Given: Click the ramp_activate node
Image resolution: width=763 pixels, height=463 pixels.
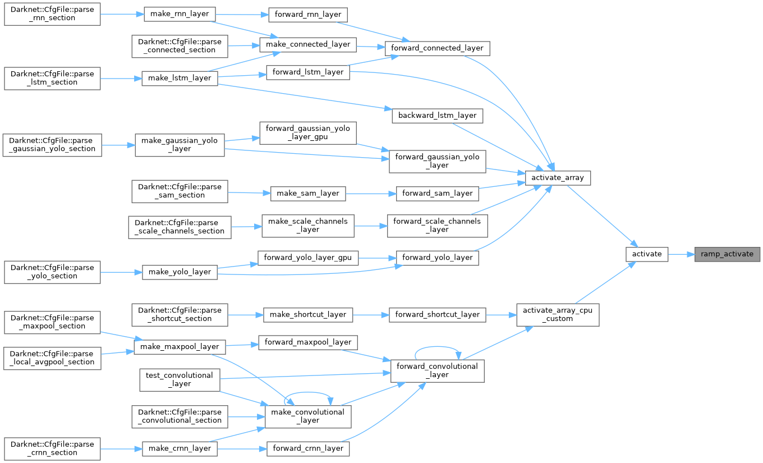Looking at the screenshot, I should tap(727, 254).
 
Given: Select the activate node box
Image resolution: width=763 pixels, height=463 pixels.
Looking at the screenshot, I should tap(647, 254).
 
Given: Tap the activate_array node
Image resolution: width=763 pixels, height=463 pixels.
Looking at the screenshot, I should tap(558, 177).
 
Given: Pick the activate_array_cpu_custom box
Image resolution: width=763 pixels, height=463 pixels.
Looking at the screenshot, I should tap(558, 314).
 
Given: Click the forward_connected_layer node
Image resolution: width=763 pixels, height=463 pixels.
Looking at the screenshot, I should tap(437, 48).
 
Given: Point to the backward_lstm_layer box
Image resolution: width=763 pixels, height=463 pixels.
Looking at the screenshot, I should tap(437, 115).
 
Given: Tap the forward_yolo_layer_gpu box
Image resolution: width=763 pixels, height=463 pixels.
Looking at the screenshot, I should tap(308, 258).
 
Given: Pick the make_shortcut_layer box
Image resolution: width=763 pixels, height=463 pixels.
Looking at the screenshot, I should tap(308, 314).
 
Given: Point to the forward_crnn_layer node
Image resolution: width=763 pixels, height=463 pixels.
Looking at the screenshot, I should tap(308, 448).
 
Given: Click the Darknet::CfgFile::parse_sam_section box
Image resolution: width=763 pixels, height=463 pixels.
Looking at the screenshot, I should tap(179, 191).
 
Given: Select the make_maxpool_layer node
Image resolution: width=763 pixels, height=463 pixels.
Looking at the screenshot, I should tap(180, 346).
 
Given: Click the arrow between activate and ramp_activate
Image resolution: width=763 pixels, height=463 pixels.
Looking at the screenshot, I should tap(681, 254).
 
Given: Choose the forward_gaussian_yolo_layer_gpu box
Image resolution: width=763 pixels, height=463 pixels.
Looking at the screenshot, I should tap(308, 132).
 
